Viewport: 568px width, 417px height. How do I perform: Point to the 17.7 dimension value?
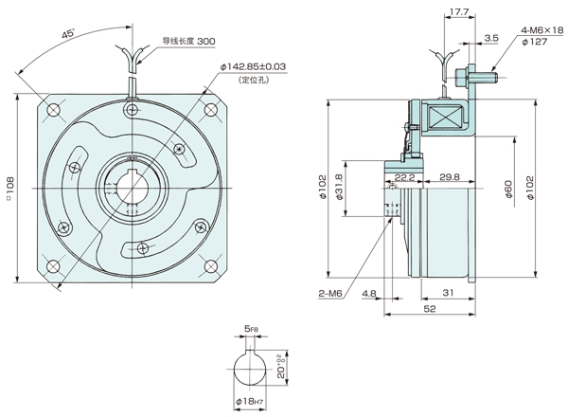(x=460, y=12)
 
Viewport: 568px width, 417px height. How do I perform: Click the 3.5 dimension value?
(x=490, y=39)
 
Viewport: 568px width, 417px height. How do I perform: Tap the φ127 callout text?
(x=536, y=43)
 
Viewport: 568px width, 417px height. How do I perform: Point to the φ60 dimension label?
(x=509, y=189)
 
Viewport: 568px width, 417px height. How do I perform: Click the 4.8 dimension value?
(x=368, y=295)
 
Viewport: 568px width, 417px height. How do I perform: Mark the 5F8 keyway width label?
(x=250, y=331)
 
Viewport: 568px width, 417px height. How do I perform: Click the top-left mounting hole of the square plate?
(x=53, y=111)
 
